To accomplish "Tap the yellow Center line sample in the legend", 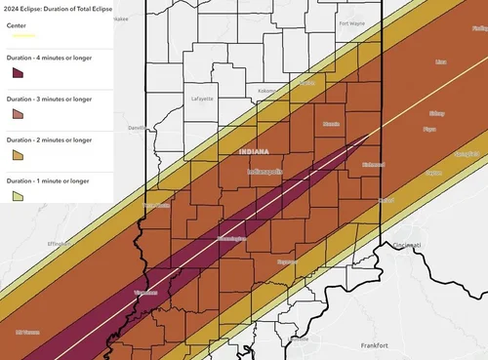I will pos(21,35).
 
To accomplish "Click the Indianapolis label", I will pos(264,171).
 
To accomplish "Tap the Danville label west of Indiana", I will pos(138,128).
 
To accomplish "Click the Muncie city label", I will pos(332,124).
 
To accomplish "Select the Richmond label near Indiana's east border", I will pos(373,164).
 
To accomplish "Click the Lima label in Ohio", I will pos(441,60).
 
